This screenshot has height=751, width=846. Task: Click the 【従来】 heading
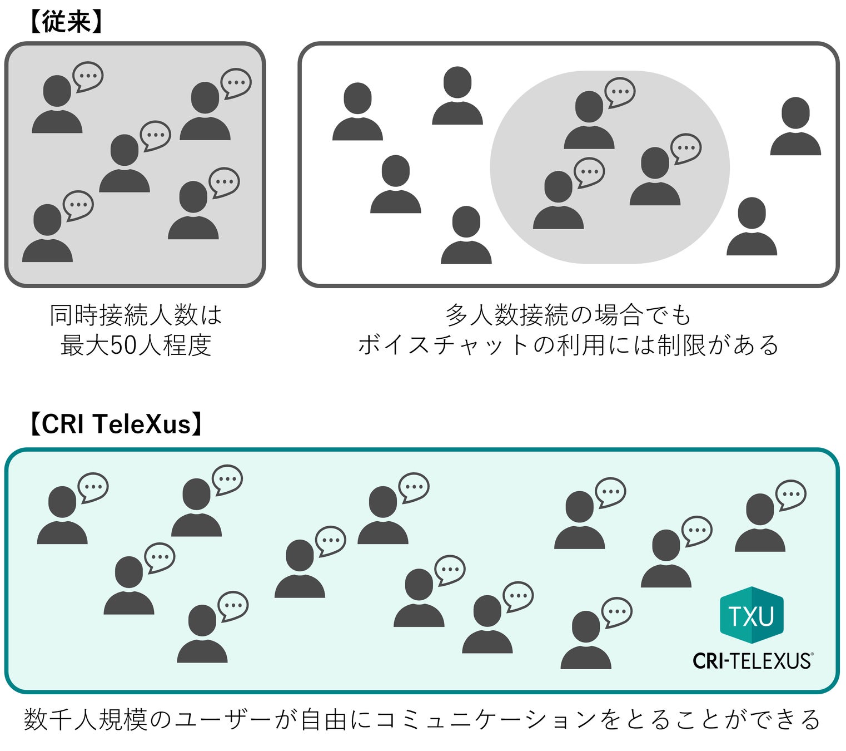66,22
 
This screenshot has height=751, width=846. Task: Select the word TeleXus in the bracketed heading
142,424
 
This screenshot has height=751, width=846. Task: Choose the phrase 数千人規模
86,720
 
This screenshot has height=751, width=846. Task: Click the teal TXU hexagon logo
752,615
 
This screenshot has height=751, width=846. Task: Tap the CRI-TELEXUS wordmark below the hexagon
751,661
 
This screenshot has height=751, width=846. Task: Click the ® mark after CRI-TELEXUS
812,655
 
